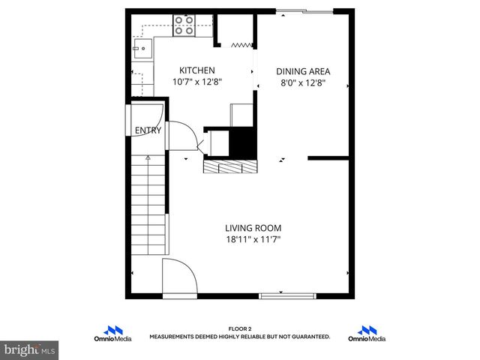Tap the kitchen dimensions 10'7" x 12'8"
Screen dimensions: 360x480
click(x=197, y=82)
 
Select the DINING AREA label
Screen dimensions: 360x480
click(x=303, y=72)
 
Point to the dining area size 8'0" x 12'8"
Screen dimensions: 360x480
click(x=303, y=83)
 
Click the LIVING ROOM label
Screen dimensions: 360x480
click(x=253, y=228)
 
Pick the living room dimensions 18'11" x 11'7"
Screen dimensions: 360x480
click(x=253, y=239)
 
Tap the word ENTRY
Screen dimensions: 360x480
click(x=148, y=130)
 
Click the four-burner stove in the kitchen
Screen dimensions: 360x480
click(x=184, y=25)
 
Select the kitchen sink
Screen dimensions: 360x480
click(x=141, y=49)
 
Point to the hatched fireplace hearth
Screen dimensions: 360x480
click(x=229, y=166)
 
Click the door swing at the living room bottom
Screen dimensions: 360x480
click(x=178, y=277)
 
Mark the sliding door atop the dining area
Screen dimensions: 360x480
click(x=304, y=11)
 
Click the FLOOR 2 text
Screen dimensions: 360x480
click(x=239, y=329)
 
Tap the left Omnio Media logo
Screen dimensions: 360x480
click(x=114, y=334)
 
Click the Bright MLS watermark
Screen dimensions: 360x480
click(x=30, y=349)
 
